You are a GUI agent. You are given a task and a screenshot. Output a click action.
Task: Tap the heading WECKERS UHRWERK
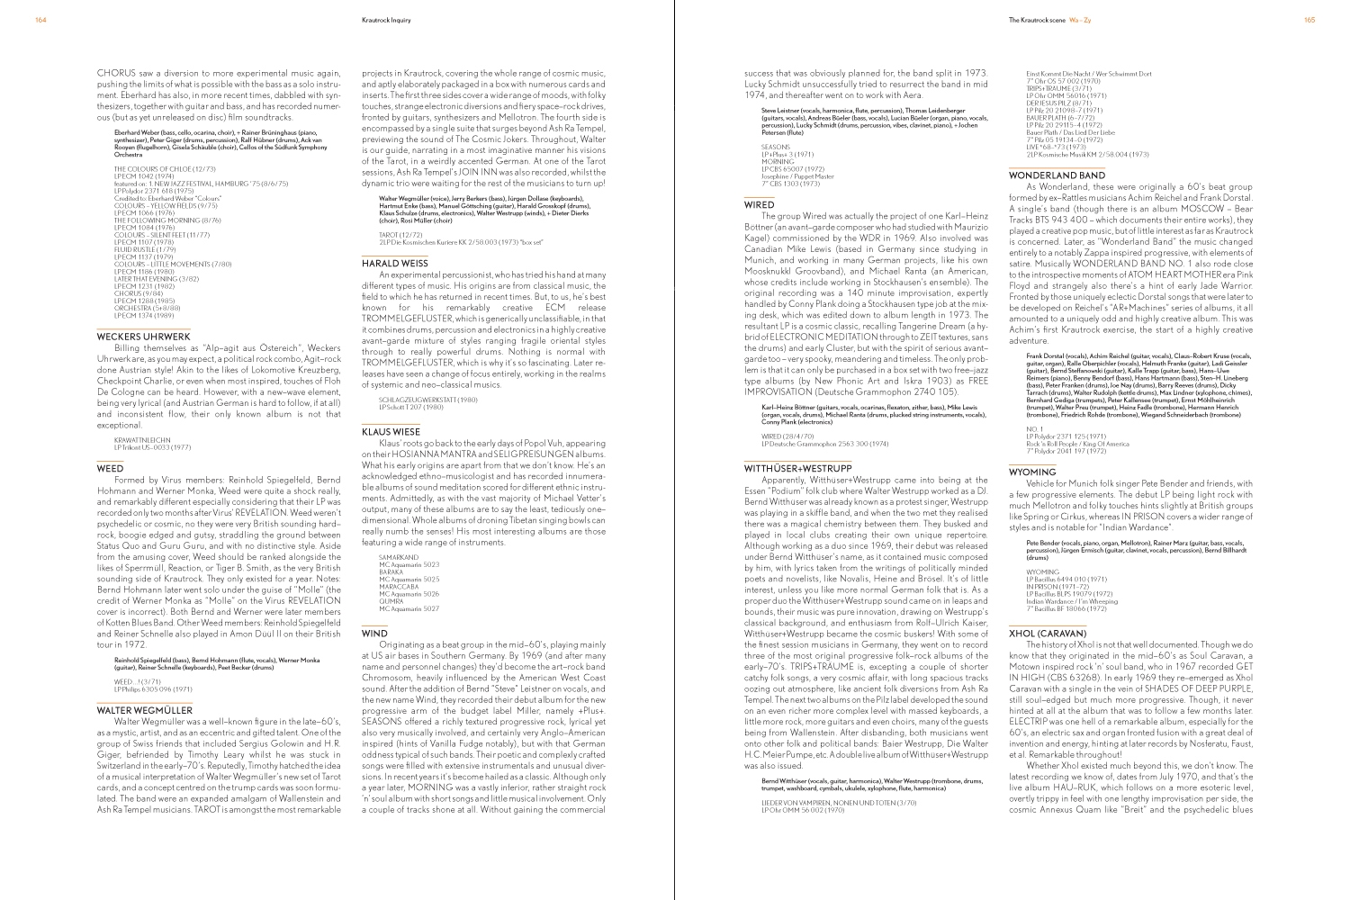(x=143, y=337)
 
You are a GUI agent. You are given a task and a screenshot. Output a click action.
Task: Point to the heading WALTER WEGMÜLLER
(x=144, y=710)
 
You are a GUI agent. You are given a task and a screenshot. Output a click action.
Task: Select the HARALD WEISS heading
(x=394, y=263)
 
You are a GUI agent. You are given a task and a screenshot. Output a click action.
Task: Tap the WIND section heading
(x=374, y=633)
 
